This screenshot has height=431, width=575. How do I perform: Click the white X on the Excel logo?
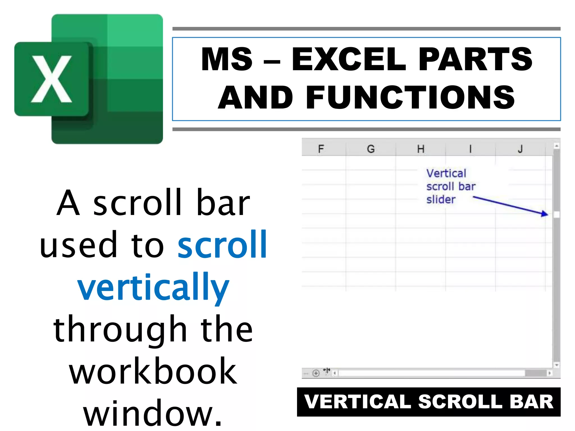coord(51,79)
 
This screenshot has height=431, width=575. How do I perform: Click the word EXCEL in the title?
coord(348,59)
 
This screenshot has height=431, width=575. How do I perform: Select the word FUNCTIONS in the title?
coord(410,97)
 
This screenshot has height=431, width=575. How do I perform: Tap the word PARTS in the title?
coord(475,59)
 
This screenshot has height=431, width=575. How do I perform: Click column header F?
coord(321,149)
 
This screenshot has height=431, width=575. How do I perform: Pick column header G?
coord(371,149)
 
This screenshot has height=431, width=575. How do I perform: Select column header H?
coord(420,149)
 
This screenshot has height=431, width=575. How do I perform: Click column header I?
coord(470,149)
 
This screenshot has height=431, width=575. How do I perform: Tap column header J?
coord(520,149)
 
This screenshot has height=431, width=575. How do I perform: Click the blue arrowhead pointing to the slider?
coord(545,214)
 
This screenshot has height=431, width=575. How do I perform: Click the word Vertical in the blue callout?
coord(446,173)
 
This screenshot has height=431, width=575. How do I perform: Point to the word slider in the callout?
coord(441,200)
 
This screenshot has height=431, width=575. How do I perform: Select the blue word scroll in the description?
coord(222,244)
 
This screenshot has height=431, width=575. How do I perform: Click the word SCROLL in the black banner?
coord(460,402)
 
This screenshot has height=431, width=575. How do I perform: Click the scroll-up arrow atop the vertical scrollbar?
coord(556,146)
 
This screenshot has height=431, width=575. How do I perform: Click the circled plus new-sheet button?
coord(316,373)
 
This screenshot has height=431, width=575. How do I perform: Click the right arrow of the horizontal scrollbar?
coord(549,373)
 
